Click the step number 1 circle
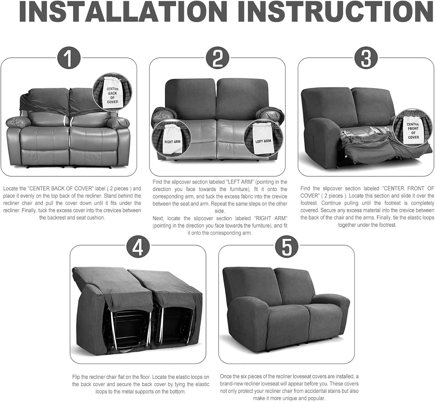point(69,58)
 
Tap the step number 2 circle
point(217,58)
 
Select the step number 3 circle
point(366,58)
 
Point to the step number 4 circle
point(138,247)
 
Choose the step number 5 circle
point(287,247)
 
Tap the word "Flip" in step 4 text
point(76,377)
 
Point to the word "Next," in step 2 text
point(158,218)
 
